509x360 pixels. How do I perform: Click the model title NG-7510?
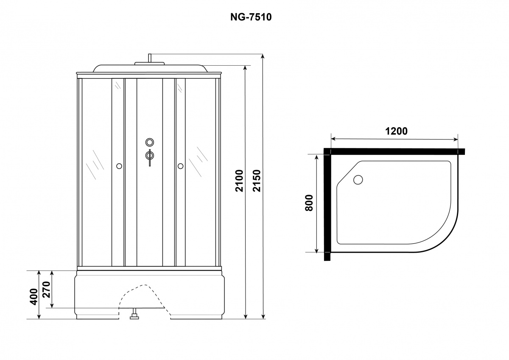click(251, 17)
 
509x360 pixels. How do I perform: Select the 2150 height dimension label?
click(257, 181)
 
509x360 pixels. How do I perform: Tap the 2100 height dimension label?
click(239, 181)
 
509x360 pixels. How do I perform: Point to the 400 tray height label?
click(34, 297)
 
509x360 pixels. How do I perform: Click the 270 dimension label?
click(46, 289)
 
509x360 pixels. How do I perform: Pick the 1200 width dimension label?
click(396, 131)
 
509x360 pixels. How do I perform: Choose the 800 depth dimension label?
click(309, 203)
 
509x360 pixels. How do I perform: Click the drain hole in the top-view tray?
click(358, 180)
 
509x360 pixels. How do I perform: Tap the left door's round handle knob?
click(119, 166)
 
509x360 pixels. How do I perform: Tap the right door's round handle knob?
click(180, 166)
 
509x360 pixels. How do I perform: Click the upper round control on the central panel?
click(149, 142)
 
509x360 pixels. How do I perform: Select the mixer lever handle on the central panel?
click(150, 158)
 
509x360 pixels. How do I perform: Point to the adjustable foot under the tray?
click(134, 314)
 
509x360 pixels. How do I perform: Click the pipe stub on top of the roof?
click(150, 58)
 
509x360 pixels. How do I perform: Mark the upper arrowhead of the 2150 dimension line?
click(263, 56)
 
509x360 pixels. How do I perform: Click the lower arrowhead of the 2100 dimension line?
click(245, 317)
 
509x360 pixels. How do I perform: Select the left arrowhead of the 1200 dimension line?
click(333, 139)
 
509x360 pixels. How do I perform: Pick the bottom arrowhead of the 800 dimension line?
click(316, 250)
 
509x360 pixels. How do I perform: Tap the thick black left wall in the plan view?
click(327, 204)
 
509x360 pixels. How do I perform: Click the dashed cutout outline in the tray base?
click(145, 299)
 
